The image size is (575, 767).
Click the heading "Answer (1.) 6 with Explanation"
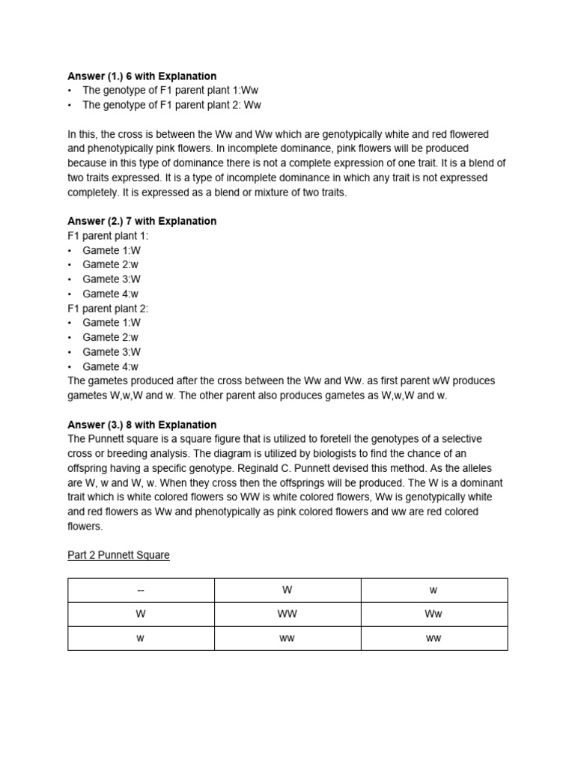tap(142, 76)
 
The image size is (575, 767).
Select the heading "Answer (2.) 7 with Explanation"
tap(142, 221)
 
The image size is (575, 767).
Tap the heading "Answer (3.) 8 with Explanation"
tap(142, 425)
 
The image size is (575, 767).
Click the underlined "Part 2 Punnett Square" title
tap(118, 555)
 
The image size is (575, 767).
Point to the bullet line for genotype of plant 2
tap(171, 105)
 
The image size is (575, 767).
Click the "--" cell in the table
tap(141, 590)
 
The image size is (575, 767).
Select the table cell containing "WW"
tap(287, 614)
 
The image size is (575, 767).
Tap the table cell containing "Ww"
tap(433, 614)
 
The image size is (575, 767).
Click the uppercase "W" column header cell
tap(287, 590)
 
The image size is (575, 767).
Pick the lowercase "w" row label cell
tap(141, 638)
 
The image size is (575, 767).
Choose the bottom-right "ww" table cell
tap(433, 638)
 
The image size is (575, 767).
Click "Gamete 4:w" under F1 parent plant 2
tap(111, 366)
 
